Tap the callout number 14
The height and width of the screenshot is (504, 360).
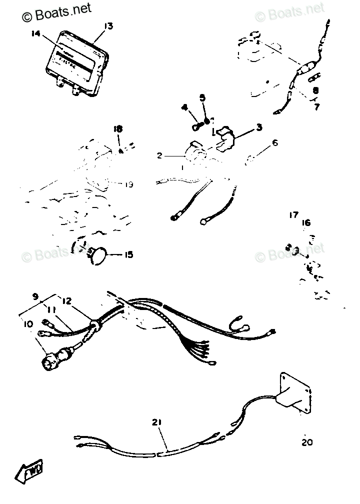tap(34, 34)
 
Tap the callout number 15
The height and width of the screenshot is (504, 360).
tap(128, 255)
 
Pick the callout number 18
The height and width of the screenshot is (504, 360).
tap(117, 129)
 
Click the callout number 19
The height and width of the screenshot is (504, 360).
tap(128, 184)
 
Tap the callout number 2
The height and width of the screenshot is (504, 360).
tap(159, 156)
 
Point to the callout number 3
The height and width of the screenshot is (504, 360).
tap(259, 127)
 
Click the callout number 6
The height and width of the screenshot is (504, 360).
tap(274, 143)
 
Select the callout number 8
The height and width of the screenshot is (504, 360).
tap(316, 91)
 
